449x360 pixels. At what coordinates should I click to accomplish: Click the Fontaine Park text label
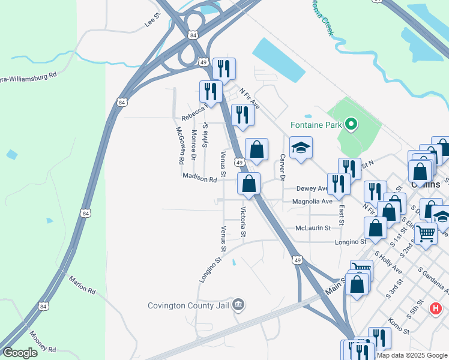coord(316,125)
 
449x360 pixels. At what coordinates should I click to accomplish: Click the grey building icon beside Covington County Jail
coord(238,305)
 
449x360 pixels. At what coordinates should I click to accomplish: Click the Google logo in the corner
coord(20,352)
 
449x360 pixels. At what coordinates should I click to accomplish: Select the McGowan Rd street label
coord(179,146)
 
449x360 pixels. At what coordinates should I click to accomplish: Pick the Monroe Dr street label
coord(193,145)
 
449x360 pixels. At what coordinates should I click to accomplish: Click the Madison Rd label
coord(199,179)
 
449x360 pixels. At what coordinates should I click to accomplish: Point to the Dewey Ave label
coord(312,188)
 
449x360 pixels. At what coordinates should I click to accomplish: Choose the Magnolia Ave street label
coord(312,202)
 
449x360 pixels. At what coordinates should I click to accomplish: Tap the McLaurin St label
coord(313,228)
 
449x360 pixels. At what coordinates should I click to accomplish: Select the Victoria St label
coord(243,221)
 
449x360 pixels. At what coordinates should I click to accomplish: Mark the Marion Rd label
coord(82,285)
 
